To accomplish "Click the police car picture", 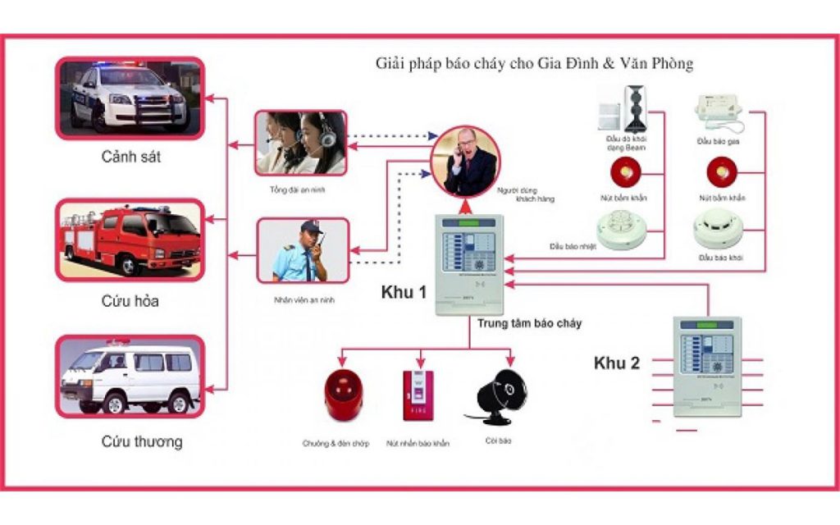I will pyautogui.click(x=130, y=97).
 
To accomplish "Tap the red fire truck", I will pyautogui.click(x=130, y=239).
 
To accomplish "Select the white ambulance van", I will pyautogui.click(x=130, y=377).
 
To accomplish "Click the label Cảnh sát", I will pyautogui.click(x=130, y=157).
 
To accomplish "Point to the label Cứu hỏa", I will pyautogui.click(x=130, y=301).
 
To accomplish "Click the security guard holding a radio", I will pyautogui.click(x=303, y=249).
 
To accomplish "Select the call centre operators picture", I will pyautogui.click(x=301, y=142).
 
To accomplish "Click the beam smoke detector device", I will pyautogui.click(x=637, y=107).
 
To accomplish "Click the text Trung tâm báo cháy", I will pyautogui.click(x=529, y=323).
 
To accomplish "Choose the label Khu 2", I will pyautogui.click(x=617, y=363).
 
